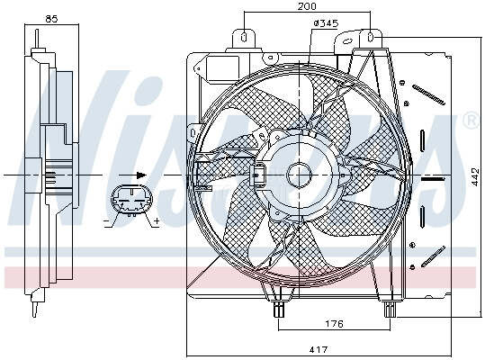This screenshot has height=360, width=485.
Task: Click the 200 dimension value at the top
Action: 307,6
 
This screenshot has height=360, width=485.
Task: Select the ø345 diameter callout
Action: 326,23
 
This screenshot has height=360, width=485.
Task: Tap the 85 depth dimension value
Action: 51,19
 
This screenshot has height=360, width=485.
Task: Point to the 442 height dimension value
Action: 475,177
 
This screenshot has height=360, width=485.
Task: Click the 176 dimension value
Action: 335,323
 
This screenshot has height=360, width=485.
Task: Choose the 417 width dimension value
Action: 319,349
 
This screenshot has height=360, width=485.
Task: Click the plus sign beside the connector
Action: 157,220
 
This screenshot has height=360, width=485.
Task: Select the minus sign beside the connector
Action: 106,221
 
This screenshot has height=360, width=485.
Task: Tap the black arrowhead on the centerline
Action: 141,175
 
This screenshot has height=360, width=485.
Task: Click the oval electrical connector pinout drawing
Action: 131,200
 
